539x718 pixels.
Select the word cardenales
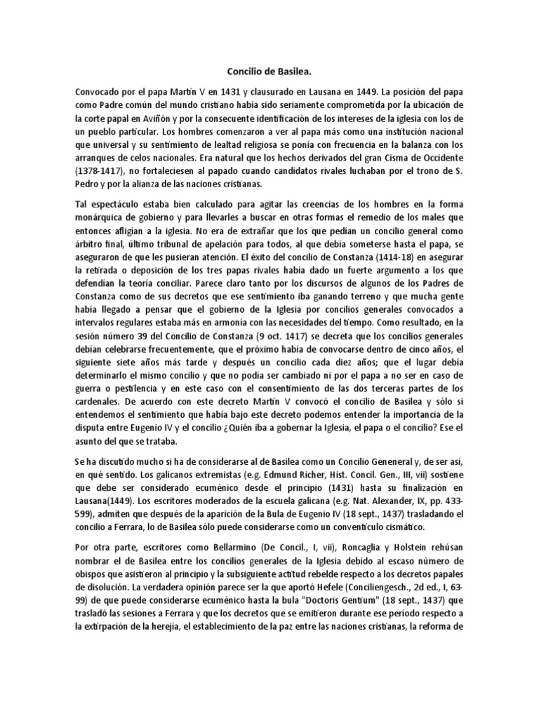tap(102, 400)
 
